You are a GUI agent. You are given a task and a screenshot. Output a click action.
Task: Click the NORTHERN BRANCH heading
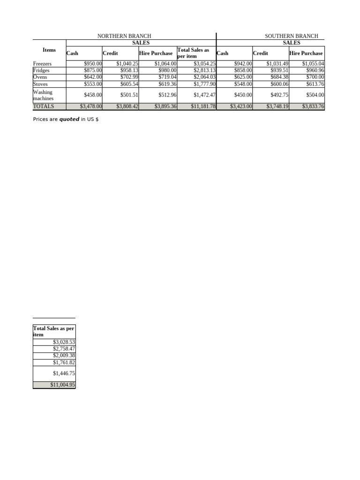pyautogui.click(x=124, y=36)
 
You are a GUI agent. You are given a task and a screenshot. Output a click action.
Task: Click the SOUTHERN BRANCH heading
pyautogui.click(x=291, y=36)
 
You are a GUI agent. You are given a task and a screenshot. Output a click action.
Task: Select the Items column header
pyautogui.click(x=49, y=50)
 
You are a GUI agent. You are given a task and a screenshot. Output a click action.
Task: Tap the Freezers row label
pyautogui.click(x=43, y=63)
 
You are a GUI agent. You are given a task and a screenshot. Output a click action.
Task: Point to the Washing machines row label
pyautogui.click(x=43, y=95)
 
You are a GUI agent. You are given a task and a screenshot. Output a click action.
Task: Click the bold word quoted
pyautogui.click(x=69, y=120)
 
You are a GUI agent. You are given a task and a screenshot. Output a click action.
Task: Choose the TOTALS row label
pyautogui.click(x=44, y=106)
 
